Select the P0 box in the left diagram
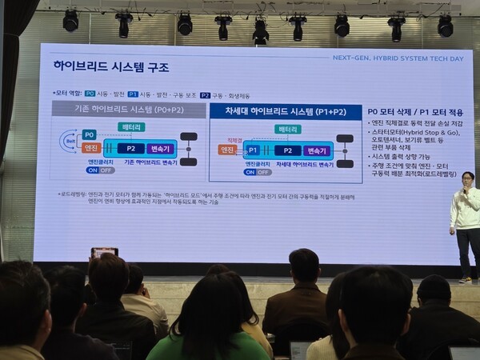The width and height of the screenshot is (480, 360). (90, 134)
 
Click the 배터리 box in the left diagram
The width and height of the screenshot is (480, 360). (131, 126)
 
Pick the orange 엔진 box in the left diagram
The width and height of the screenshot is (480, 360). (90, 148)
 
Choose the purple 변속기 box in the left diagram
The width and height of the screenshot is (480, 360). (161, 149)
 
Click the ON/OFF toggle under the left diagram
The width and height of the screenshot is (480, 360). (101, 170)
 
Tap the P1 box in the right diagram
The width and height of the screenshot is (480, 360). (252, 150)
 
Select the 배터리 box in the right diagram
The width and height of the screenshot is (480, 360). (287, 129)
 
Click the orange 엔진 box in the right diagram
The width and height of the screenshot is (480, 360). (227, 150)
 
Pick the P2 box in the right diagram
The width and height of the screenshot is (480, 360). (287, 150)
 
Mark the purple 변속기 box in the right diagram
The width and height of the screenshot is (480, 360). (318, 150)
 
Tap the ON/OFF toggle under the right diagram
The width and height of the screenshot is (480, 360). (258, 172)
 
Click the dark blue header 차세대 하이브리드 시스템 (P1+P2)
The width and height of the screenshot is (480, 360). (286, 112)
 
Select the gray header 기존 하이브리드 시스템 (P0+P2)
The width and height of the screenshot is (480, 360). (126, 108)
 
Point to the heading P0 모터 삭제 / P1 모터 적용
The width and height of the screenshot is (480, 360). (408, 111)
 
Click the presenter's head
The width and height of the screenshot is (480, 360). (468, 178)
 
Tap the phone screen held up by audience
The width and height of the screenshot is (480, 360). (104, 253)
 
